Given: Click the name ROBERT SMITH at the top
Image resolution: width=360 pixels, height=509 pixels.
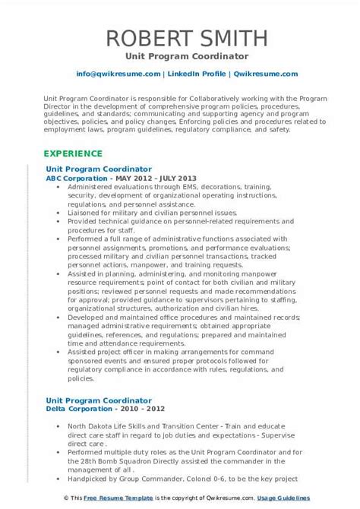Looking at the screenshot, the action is coord(180,39).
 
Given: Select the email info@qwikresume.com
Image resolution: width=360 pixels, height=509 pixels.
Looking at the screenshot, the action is coord(118,74).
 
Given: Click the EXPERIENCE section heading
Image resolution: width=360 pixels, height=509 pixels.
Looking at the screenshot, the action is coord(74,152).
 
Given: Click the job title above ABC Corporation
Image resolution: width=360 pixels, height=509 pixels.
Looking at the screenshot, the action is coord(99,169).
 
